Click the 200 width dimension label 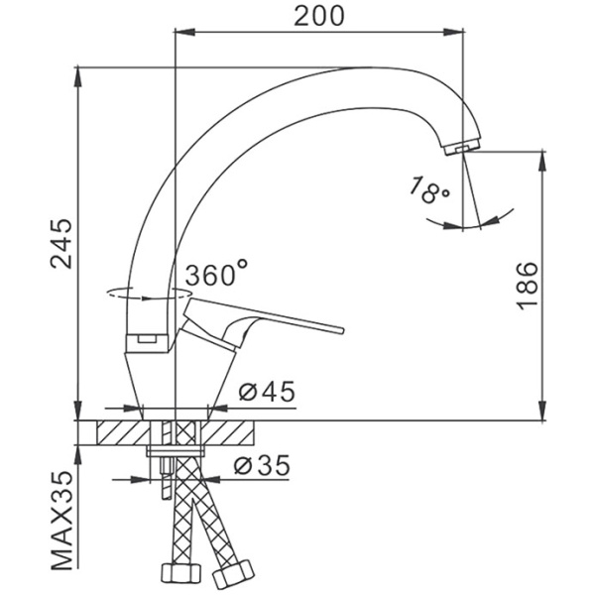pos(319,16)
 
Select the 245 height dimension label pos(61,244)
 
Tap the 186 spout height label pos(528,287)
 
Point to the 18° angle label pos(429,189)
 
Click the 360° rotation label pos(216,273)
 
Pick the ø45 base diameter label pos(267,392)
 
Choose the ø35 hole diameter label pos(262,465)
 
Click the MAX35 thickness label pos(61,521)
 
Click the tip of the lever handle pos(341,330)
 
